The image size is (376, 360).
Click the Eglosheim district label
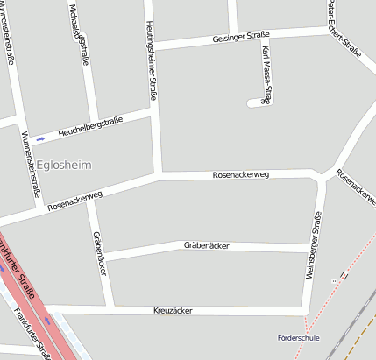tap(64, 164)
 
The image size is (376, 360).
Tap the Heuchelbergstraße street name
tap(90, 128)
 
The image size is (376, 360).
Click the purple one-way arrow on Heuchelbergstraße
tap(41, 138)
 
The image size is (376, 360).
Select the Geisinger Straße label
tap(241, 37)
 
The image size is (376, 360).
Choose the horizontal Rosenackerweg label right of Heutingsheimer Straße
tap(240, 175)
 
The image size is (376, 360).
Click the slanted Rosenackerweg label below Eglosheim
tap(75, 201)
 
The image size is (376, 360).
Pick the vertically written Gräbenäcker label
tap(99, 255)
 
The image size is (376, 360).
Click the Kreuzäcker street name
tap(172, 310)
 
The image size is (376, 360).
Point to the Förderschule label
tap(298, 337)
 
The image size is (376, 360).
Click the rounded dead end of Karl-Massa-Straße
tap(253, 102)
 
